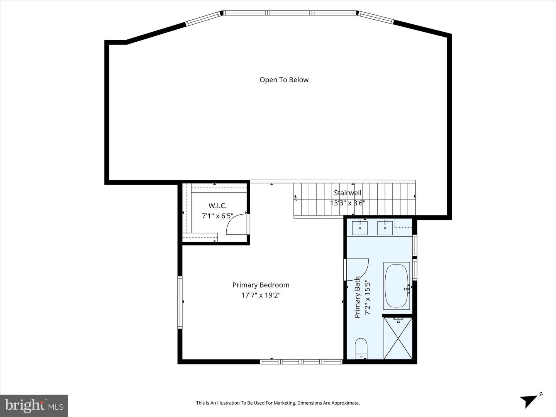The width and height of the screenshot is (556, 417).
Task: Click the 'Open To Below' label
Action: tap(284, 80)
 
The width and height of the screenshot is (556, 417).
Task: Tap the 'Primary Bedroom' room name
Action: tap(261, 285)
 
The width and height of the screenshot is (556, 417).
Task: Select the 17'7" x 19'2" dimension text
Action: tap(261, 295)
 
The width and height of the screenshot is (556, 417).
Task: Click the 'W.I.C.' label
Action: tap(217, 206)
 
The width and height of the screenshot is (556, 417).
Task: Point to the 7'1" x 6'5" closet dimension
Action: tap(217, 216)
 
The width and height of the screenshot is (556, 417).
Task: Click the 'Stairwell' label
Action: tap(347, 193)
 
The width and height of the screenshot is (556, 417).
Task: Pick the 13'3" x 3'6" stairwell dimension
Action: tap(347, 203)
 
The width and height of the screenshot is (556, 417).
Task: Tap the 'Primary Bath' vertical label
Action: tap(357, 297)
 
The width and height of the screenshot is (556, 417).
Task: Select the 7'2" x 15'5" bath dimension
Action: tap(368, 297)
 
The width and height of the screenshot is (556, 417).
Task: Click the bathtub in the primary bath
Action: tap(397, 286)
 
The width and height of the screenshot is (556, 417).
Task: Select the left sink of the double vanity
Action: tap(360, 228)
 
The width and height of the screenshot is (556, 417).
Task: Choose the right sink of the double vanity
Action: tap(385, 228)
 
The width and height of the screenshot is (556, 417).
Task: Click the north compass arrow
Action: tap(529, 400)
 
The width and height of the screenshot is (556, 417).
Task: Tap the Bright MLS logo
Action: tap(34, 405)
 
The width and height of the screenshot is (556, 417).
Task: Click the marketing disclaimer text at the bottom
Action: tap(278, 403)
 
